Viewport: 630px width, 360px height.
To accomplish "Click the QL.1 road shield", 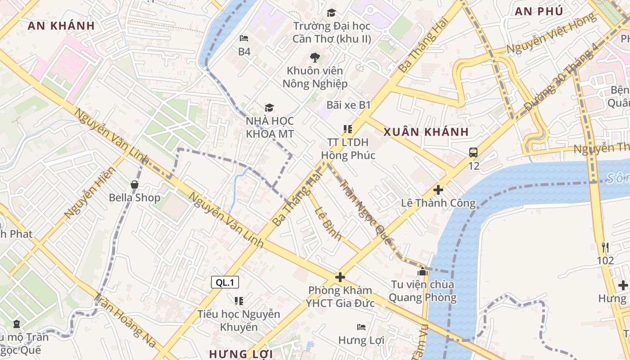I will click(x=225, y=282).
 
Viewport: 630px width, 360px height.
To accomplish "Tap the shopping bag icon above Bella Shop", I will click(x=134, y=184).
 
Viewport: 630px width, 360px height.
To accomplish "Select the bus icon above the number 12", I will click(x=473, y=153).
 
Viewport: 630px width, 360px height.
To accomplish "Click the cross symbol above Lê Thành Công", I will click(x=438, y=190).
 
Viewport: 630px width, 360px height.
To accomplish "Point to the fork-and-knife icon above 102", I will click(x=605, y=247).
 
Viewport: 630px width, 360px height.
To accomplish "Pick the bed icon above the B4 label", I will click(x=244, y=38).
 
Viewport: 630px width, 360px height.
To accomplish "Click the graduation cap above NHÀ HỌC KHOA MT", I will click(x=269, y=108).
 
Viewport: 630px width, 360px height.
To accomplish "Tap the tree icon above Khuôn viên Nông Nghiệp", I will click(x=315, y=57).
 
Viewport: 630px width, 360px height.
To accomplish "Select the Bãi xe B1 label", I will click(x=348, y=105).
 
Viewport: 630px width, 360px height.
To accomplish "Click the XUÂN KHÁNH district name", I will click(x=426, y=132).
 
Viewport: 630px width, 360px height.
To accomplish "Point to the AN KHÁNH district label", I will click(x=61, y=26).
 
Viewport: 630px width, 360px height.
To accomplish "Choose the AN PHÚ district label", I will click(x=539, y=11).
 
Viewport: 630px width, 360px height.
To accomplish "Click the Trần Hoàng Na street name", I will click(x=126, y=320).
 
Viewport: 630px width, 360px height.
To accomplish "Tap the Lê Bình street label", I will click(x=328, y=223).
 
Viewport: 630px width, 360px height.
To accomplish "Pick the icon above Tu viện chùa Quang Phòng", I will click(x=422, y=272).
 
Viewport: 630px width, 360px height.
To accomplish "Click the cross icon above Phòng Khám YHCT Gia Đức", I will click(x=340, y=277).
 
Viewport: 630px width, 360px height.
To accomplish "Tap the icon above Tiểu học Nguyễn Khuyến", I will click(x=238, y=300).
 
